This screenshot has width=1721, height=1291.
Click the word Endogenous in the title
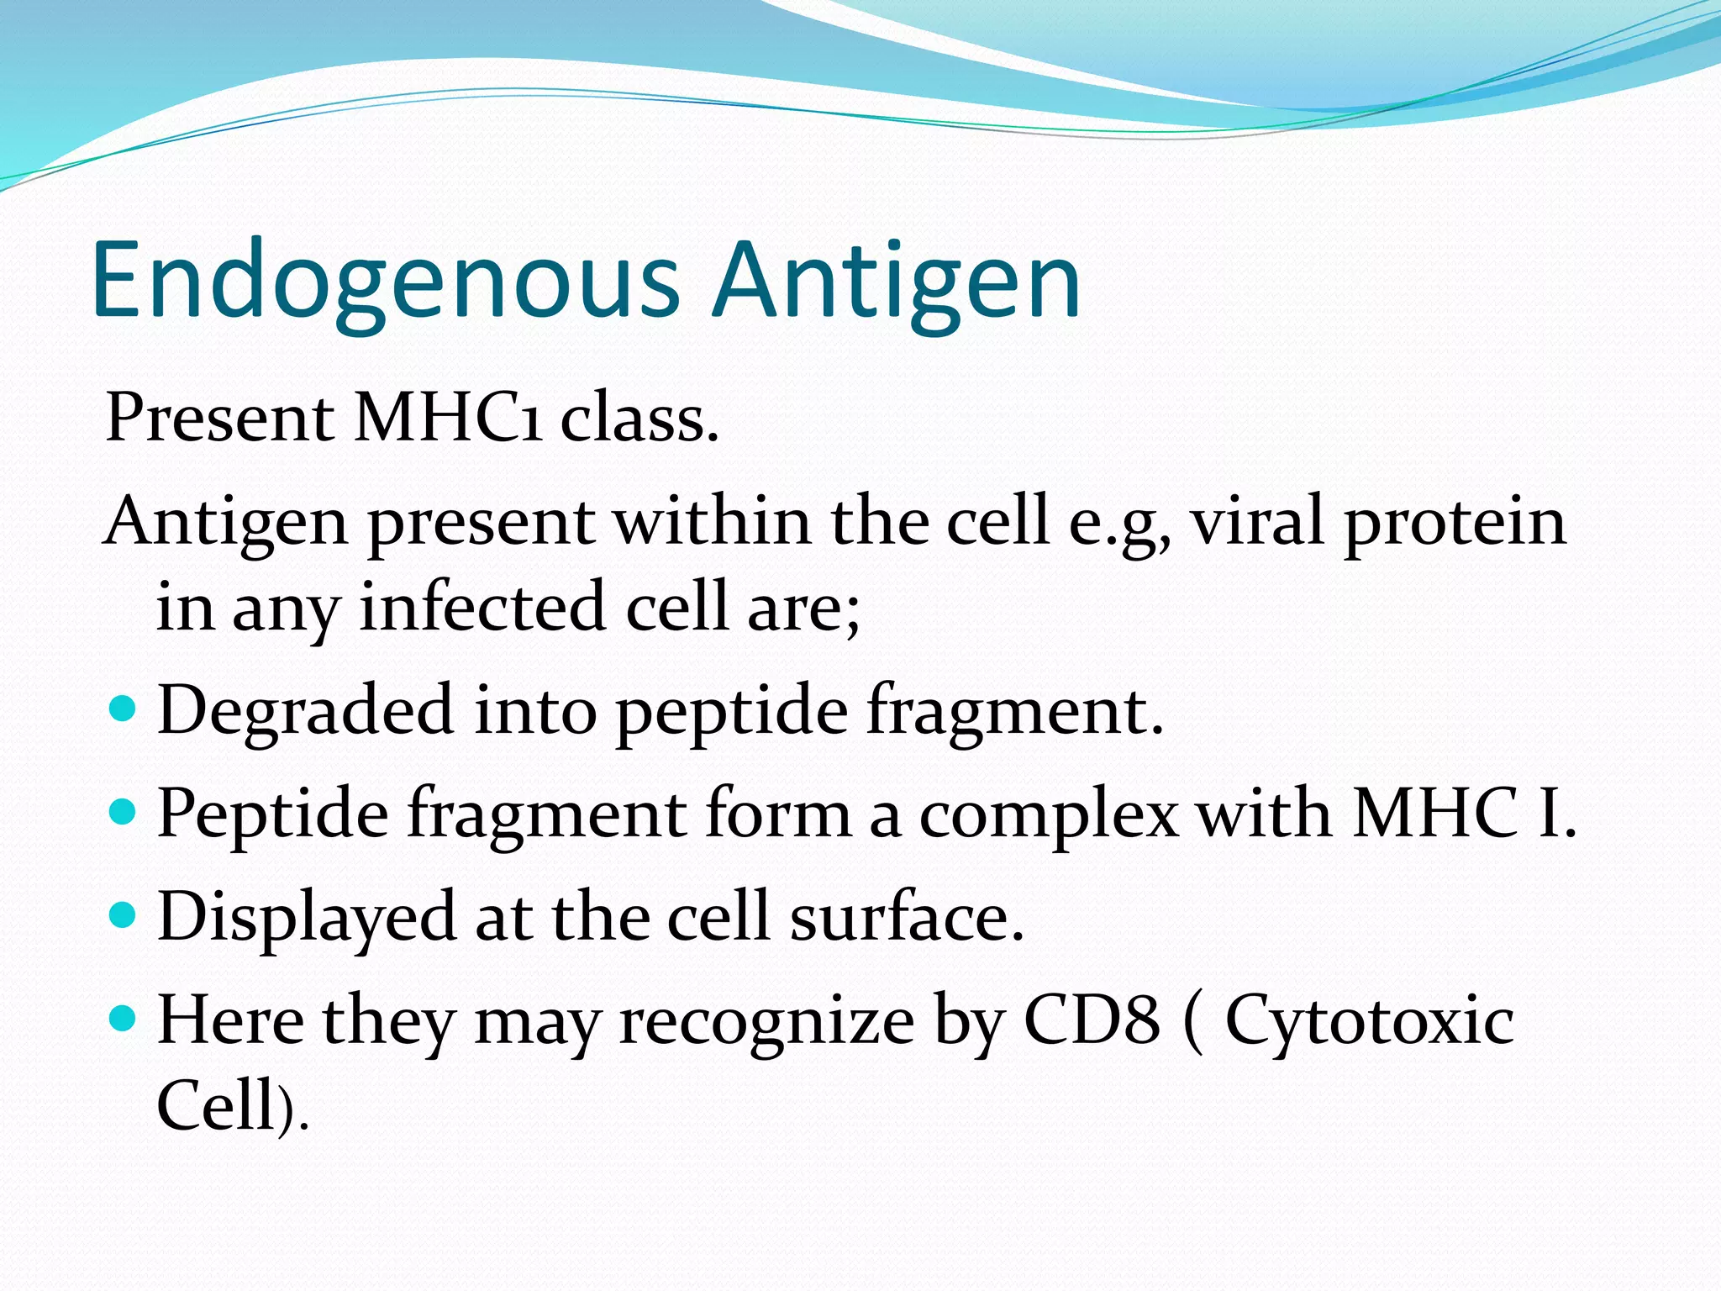coord(385,282)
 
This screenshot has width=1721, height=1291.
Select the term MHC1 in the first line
coord(447,418)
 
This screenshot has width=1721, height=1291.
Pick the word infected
coord(482,607)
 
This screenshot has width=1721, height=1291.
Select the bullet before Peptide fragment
coord(123,813)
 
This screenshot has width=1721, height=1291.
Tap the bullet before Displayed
coord(123,915)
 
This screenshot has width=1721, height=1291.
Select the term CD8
coord(1092,1020)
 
